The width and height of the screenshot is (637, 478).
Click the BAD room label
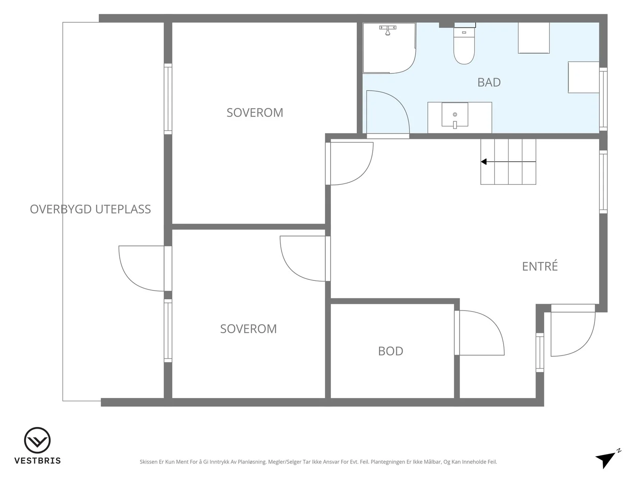[x=489, y=82]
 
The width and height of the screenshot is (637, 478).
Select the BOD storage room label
[x=391, y=351]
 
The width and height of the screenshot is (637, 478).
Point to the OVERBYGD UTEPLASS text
[x=90, y=209]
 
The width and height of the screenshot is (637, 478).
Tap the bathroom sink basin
[x=455, y=115]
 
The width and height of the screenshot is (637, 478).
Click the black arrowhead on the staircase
[x=484, y=162]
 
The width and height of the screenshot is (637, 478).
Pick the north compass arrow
[x=607, y=458]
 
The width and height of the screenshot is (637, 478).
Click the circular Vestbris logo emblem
[x=37, y=440]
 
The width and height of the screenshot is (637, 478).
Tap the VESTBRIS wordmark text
[x=37, y=460]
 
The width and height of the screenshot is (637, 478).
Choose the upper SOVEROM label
[x=255, y=113]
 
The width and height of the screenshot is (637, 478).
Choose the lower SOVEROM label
[x=248, y=329]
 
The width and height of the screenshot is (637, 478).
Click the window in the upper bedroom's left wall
[x=168, y=99]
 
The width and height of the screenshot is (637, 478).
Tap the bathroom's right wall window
[x=603, y=99]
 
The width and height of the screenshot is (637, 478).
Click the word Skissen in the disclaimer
[x=149, y=462]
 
